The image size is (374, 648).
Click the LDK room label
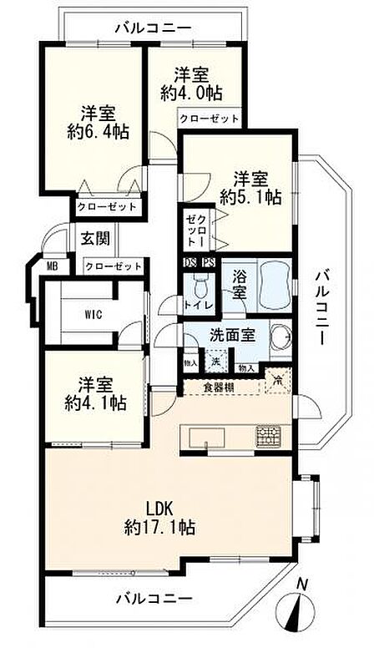[x=159, y=508]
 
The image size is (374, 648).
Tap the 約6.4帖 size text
[x=99, y=132]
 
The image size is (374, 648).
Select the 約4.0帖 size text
[x=191, y=92]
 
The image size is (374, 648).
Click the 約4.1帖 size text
[x=95, y=402]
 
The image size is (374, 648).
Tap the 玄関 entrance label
[x=95, y=239]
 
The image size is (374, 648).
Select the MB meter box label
[x=52, y=266]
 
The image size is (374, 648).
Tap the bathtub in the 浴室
[x=275, y=286]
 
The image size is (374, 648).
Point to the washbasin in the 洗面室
[x=280, y=336]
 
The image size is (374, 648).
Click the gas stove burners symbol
[x=268, y=437]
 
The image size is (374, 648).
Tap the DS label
[x=190, y=262]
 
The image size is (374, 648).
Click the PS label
[x=208, y=262]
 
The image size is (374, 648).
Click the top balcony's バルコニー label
[x=154, y=28]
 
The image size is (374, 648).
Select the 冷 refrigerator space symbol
[x=278, y=380]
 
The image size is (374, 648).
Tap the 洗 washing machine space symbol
[x=215, y=361]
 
